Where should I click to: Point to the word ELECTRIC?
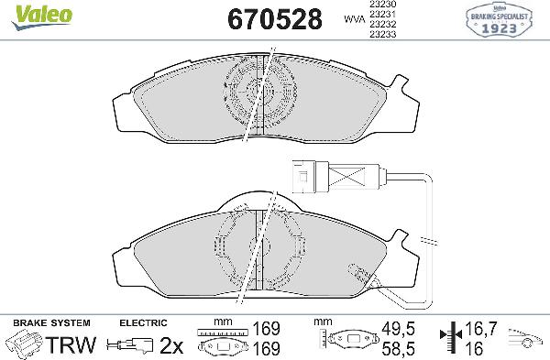tap(143, 323)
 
